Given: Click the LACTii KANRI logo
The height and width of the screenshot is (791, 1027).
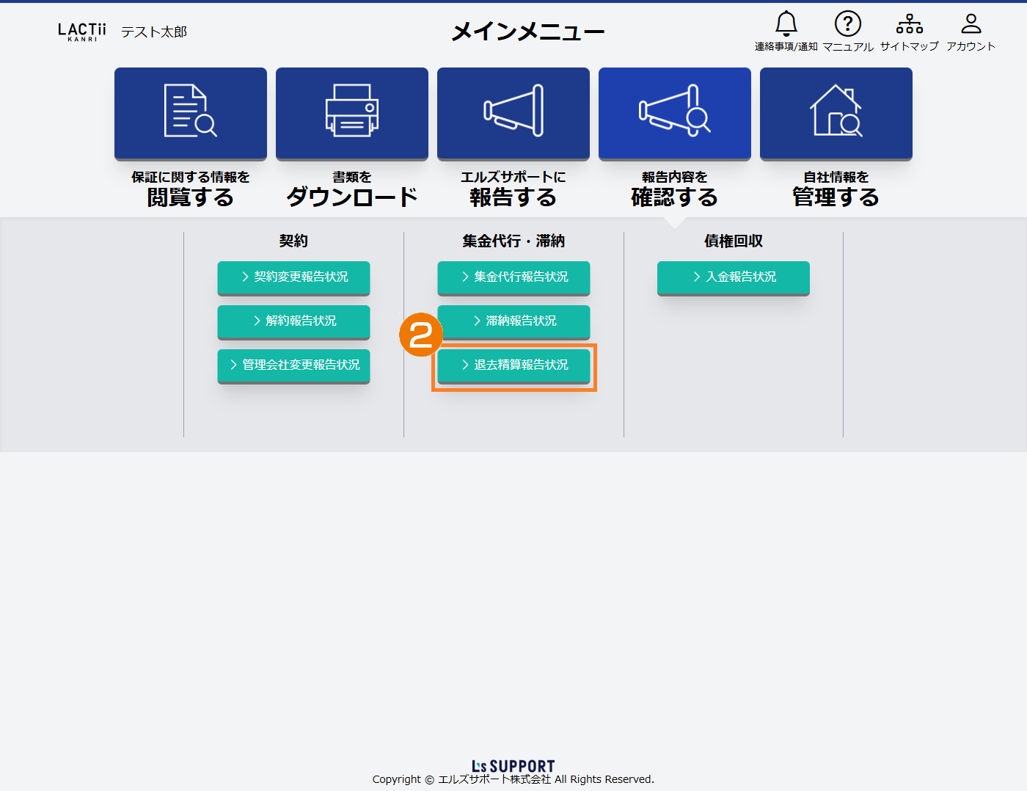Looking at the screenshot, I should pos(82,32).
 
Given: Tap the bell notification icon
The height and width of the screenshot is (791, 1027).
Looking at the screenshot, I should pos(786,24).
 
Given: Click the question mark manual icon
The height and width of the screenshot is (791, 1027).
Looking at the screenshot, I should pos(847,24).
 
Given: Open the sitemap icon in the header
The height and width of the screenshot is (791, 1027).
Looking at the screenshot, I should pos(909,24).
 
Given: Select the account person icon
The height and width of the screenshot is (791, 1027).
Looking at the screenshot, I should pos(971,24).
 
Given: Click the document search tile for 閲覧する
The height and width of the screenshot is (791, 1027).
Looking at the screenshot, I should pos(191,113).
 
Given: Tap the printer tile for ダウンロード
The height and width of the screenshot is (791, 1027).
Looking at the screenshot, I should pos(352,113).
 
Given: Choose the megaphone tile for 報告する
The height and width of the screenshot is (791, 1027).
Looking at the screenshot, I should pos(513,113).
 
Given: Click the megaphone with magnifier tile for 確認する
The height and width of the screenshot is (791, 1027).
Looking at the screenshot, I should pos(675,113).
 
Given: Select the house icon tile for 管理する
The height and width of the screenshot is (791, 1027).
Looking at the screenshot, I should pos(836,113).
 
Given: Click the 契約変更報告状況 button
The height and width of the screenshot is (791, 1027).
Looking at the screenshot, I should pos(293,277).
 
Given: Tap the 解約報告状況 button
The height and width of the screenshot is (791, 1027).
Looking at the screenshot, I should pos(293,321).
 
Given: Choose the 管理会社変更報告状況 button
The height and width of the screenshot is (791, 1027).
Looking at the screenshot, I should pos(293,365).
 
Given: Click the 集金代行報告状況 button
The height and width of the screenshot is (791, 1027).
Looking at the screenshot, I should pos(513,277).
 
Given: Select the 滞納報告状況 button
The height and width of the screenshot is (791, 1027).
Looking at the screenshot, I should pos(513,321).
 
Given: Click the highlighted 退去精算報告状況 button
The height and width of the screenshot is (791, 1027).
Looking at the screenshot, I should pos(513,365).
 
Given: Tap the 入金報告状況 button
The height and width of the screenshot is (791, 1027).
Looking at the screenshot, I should pos(734,277).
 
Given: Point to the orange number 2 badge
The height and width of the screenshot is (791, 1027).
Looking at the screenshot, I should pos(421,335).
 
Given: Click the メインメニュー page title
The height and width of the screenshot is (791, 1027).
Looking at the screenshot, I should pos(528,32).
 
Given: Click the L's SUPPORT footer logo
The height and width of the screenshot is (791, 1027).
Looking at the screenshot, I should pos(513,766).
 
